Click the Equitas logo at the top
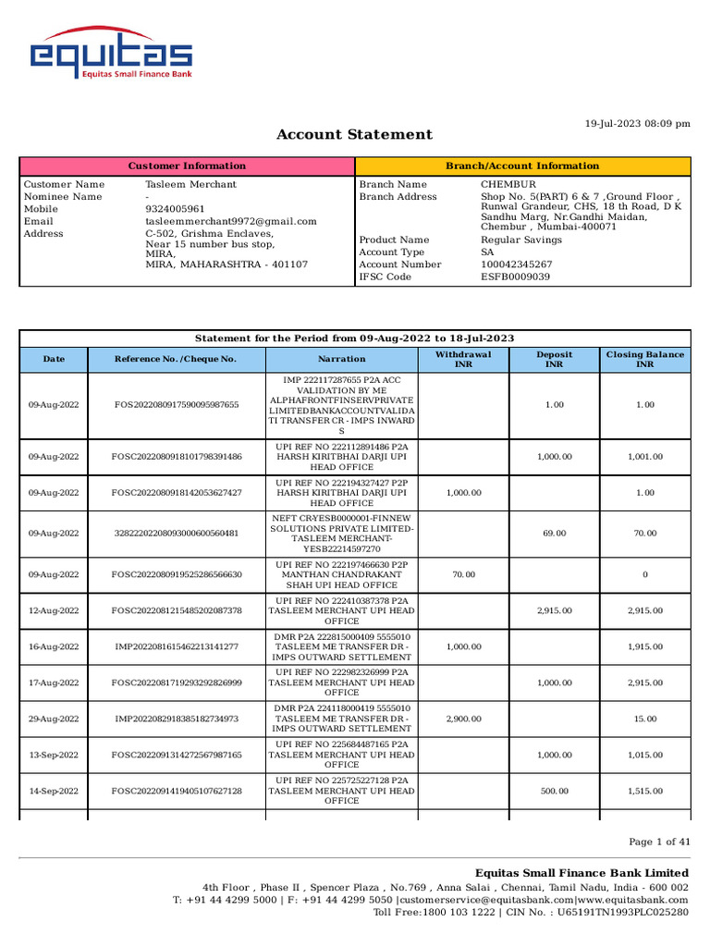[x=110, y=57]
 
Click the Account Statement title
[x=354, y=135]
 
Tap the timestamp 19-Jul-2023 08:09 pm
[x=638, y=123]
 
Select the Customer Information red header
[x=187, y=166]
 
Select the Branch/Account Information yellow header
[x=522, y=166]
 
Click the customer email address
[x=231, y=222]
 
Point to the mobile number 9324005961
[x=175, y=210]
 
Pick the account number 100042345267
[x=517, y=264]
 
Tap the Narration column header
[x=342, y=359]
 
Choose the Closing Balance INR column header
[x=644, y=359]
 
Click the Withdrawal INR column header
[x=463, y=359]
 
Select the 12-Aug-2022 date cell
[x=54, y=611]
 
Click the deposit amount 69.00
[x=555, y=534]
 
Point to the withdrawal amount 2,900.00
[x=463, y=719]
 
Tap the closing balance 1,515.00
[x=644, y=792]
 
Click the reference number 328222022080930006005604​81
[x=176, y=534]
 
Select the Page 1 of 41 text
[x=659, y=842]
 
